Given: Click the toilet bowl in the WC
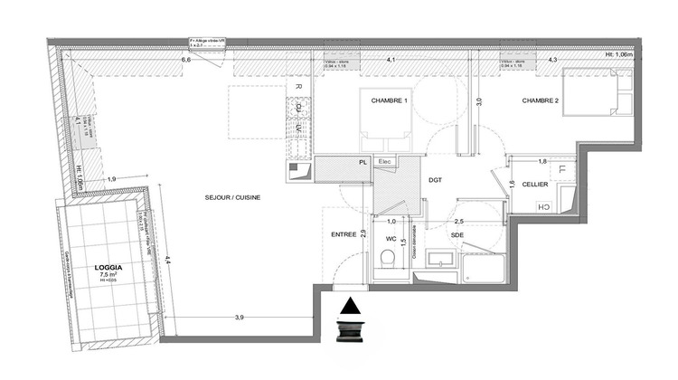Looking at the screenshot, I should coord(391,261).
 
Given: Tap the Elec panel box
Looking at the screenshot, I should coord(385,162).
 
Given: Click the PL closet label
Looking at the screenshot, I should coord(363,163).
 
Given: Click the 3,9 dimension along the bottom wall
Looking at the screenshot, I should coord(240,318).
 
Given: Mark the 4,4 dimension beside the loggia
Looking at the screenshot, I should coord(167,262).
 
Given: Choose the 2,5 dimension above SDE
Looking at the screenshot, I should coord(458,221).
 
